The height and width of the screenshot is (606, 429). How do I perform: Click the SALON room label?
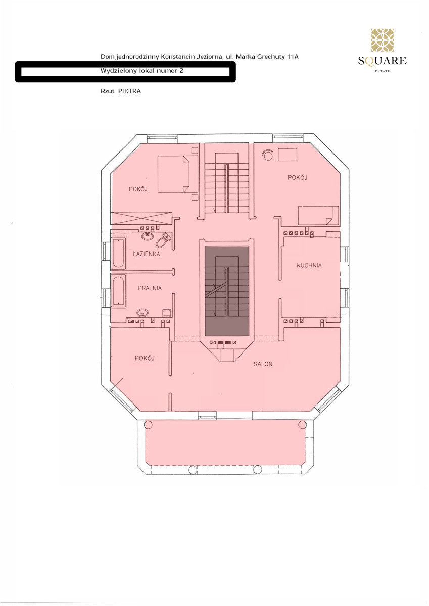coord(263,364)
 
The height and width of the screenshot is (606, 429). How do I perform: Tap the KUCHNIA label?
coord(309,265)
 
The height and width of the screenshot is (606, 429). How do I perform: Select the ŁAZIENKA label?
coord(146,254)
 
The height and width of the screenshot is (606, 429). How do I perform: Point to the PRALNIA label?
coord(150,288)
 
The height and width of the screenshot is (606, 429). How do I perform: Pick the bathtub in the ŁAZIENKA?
coord(118,253)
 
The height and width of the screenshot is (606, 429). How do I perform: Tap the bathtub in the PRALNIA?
coord(118,290)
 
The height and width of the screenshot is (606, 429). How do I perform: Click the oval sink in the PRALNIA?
coord(142,313)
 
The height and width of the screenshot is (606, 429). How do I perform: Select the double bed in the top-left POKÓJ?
coord(178,174)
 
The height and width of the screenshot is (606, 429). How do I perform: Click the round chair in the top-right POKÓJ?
coord(267,156)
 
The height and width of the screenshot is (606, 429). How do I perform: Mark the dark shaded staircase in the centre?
coord(227,291)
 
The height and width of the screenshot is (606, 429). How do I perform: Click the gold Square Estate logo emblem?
coord(382,40)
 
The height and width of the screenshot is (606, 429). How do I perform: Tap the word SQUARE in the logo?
coord(382,61)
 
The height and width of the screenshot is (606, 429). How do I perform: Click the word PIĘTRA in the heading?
coord(129,91)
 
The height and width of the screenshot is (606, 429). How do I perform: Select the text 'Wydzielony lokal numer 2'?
coord(142,71)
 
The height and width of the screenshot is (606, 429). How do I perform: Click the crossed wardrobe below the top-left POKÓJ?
coord(141,218)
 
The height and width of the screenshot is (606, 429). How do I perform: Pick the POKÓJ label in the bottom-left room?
coord(145,358)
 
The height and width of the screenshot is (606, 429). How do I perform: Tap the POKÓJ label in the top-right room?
coord(297,177)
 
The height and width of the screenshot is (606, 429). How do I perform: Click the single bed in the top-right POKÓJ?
coord(318,215)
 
